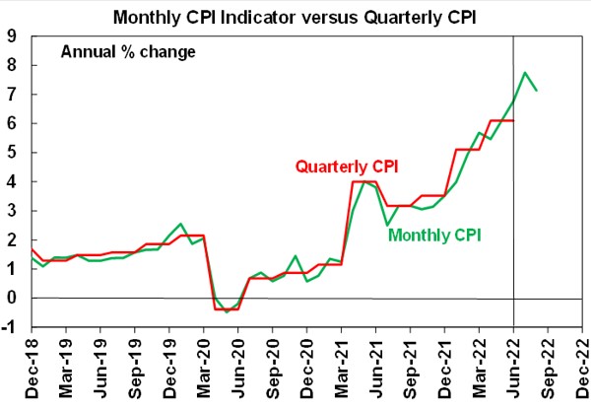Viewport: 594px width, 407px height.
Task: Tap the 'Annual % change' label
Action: (x=128, y=52)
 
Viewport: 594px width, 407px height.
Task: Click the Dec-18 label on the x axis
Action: (x=33, y=367)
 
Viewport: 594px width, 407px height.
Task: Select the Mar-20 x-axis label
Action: (x=205, y=367)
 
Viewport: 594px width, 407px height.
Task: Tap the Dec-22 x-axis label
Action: (x=583, y=367)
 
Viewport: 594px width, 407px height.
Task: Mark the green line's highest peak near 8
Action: (x=526, y=72)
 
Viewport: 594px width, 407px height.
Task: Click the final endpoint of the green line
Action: (x=537, y=91)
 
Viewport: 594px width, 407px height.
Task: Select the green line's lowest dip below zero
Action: (x=227, y=312)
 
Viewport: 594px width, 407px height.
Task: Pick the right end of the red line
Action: (x=514, y=120)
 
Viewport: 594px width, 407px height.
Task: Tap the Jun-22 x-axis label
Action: (x=514, y=367)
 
